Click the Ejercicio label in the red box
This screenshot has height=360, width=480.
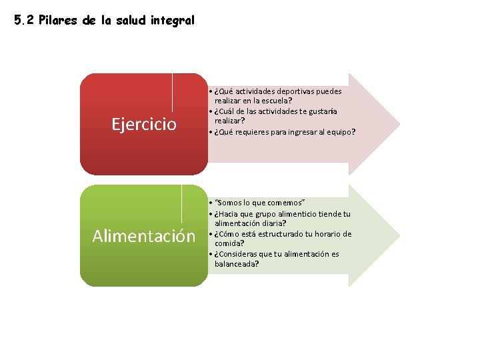pyautogui.click(x=144, y=124)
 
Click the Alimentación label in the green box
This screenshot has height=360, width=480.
pyautogui.click(x=144, y=236)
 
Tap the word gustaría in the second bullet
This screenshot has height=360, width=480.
pyautogui.click(x=321, y=111)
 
